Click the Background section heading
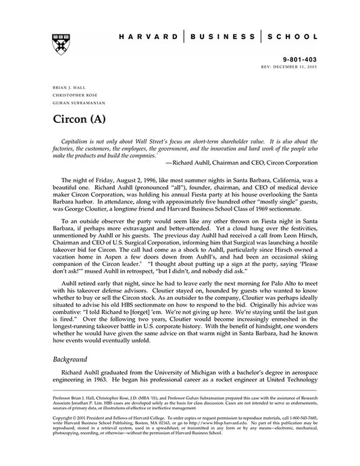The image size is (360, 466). tap(72, 360)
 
